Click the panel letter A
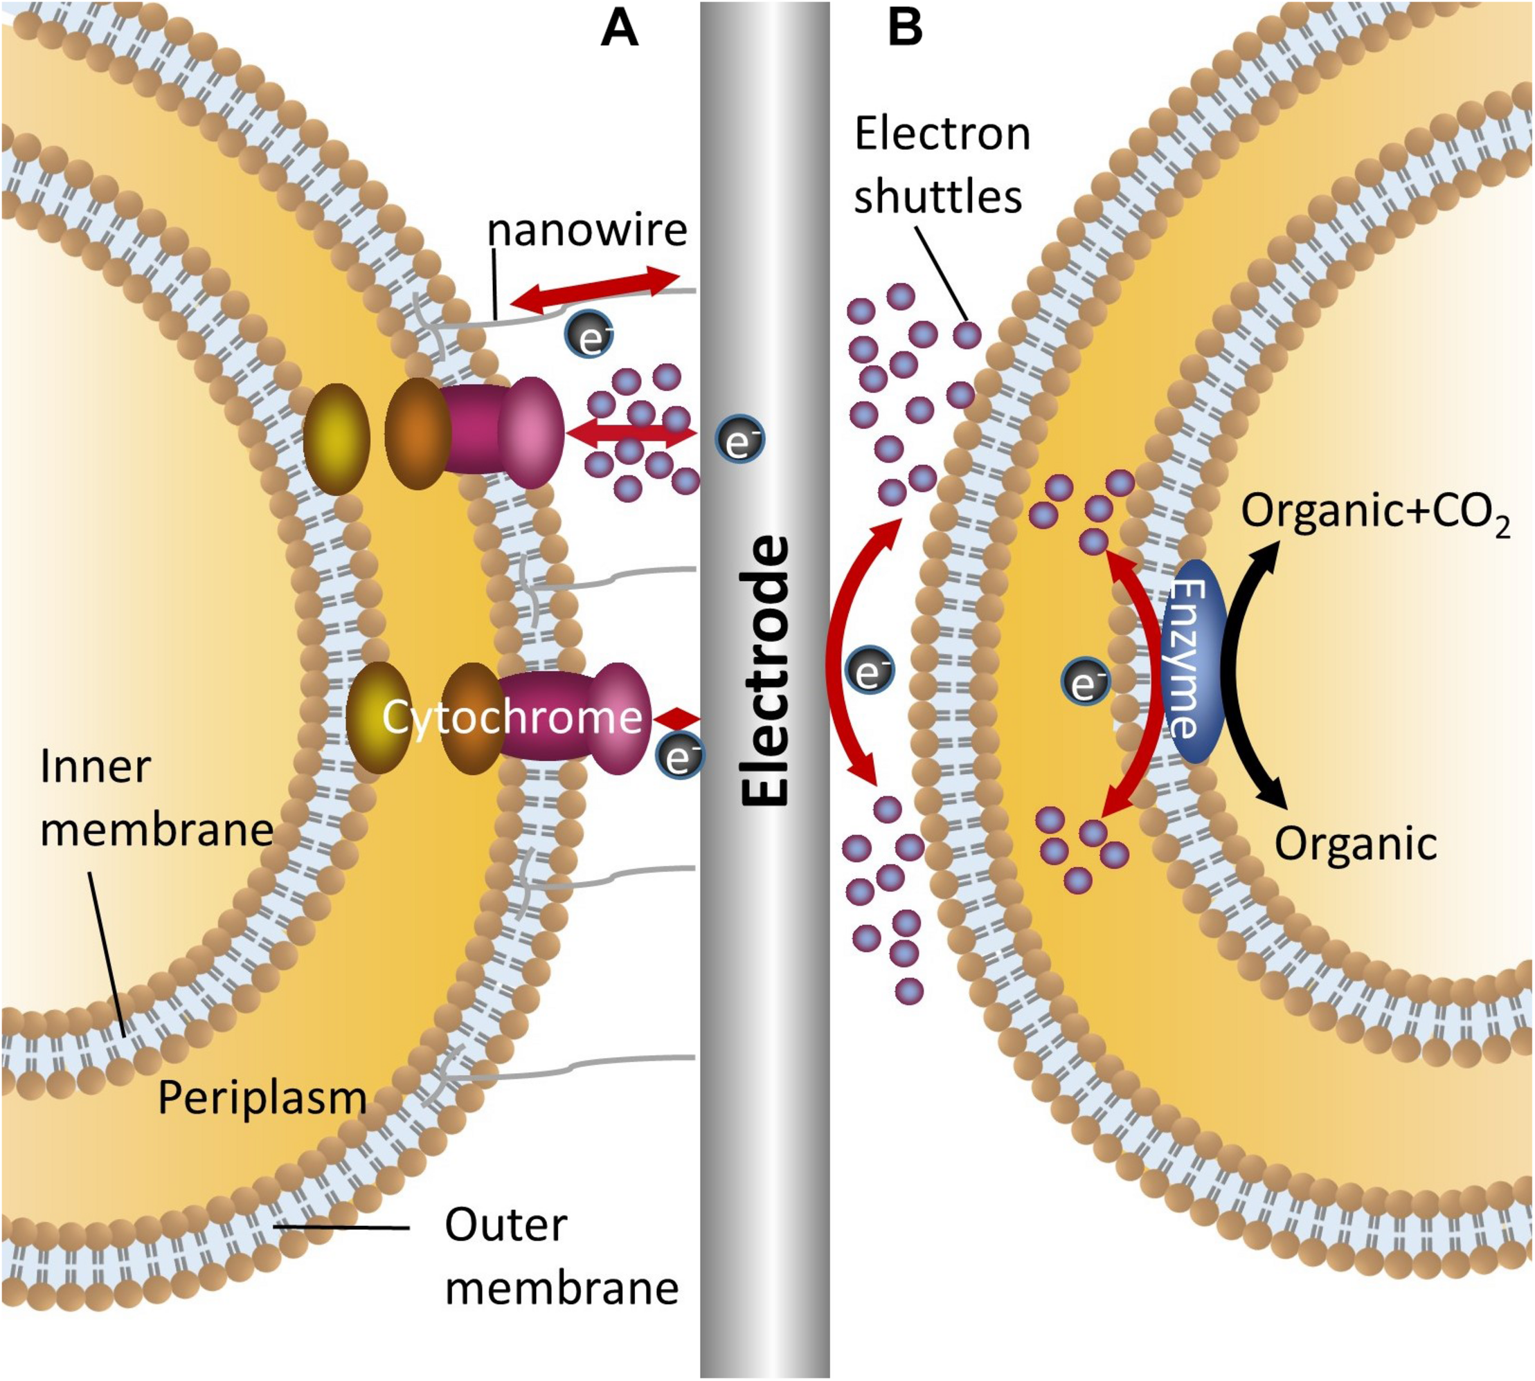619,30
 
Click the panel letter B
905,30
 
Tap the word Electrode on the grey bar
764,672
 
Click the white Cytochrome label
512,717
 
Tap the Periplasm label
262,1098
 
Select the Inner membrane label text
156,798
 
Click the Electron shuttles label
942,165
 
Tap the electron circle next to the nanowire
589,335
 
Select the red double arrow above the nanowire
595,290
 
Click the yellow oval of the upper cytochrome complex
336,439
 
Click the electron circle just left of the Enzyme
1086,682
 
